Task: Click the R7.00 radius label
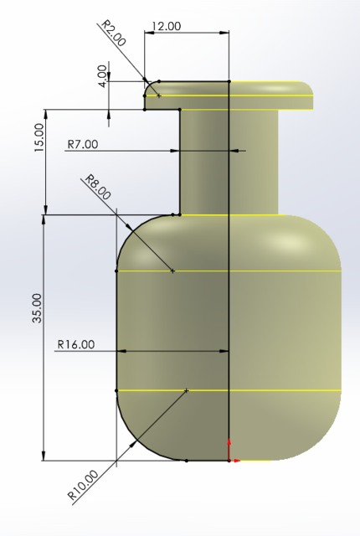[x=82, y=144]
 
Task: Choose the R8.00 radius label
[x=97, y=188]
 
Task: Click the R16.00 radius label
[x=76, y=344]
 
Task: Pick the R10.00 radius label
[x=84, y=486]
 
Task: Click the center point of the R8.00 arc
[x=172, y=271]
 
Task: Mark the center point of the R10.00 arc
[x=186, y=390]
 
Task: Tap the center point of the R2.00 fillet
[x=158, y=95]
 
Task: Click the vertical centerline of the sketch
[x=229, y=293]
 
